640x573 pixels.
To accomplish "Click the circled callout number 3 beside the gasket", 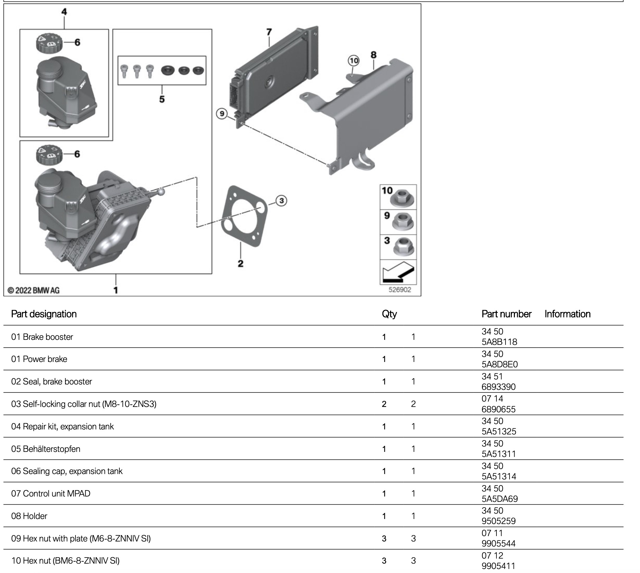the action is pos(281,201).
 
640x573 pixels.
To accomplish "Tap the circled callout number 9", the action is pos(222,114).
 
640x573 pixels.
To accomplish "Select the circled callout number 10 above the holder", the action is pos(354,61).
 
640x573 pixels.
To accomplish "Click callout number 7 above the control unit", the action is pos(269,32).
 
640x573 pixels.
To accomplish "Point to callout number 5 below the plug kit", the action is pos(162,99).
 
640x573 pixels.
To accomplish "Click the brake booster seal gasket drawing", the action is pos(245,216).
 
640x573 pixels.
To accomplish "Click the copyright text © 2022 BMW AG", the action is pos(34,291).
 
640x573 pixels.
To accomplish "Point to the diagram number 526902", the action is pos(399,290).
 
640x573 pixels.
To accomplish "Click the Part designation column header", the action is pos(44,314).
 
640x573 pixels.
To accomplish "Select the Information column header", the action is pos(568,314).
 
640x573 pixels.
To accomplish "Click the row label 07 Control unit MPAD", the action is pos(51,493).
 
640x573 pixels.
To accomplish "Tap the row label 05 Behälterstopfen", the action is pos(46,449).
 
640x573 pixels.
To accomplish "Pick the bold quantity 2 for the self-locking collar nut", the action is pos(384,404).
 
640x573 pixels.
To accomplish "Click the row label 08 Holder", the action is pos(29,516).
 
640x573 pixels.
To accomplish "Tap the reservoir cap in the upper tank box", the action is pos(49,43).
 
